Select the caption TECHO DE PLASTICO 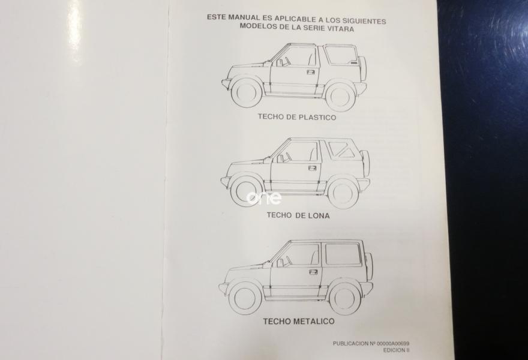coord(297,118)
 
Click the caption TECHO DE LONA coord(298,214)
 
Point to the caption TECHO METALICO coord(298,322)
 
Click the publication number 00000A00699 coord(391,343)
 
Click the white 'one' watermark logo coord(263,198)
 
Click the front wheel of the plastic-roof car coord(247,92)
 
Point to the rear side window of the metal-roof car coord(343,254)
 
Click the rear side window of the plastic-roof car coord(341,55)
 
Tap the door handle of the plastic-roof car coord(311,72)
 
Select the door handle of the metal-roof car coord(313,271)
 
